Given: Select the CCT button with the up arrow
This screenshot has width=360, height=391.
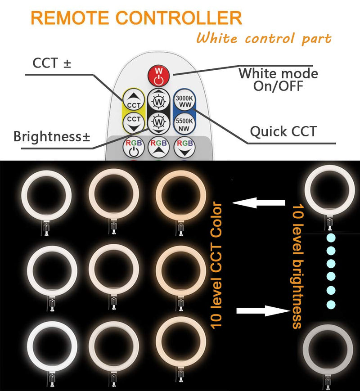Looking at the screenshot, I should [134, 100].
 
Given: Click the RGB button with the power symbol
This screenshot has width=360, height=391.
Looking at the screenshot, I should [133, 147].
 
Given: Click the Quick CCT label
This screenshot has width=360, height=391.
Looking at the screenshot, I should [283, 132].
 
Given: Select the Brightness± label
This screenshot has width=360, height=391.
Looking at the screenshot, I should [51, 136].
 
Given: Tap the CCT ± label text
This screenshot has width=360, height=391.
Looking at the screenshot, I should [52, 63].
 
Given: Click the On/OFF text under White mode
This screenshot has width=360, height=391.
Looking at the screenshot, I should [278, 85].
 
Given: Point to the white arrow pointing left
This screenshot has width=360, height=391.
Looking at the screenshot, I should [259, 203].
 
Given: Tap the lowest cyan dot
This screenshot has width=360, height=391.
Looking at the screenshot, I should [331, 304].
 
